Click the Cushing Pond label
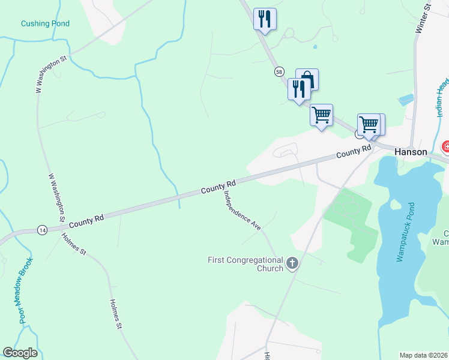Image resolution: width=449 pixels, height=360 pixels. (45, 23)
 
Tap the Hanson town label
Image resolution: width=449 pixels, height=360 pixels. (411, 152)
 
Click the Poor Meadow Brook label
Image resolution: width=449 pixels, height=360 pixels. (27, 290)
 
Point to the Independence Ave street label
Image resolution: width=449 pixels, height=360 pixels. (242, 211)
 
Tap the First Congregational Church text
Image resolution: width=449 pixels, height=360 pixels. (245, 264)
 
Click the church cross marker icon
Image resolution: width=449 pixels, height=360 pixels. (292, 263)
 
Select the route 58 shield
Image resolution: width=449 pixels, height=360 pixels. (280, 71)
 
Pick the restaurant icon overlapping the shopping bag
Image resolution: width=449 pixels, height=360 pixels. (298, 89)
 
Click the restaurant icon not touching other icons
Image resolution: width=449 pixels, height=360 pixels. (265, 19)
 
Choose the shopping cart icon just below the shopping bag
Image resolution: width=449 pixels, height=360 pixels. (321, 114)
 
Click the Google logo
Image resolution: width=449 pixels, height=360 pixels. (20, 353)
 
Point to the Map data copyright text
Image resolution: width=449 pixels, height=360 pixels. (423, 355)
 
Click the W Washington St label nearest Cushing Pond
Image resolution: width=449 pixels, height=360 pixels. (50, 74)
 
